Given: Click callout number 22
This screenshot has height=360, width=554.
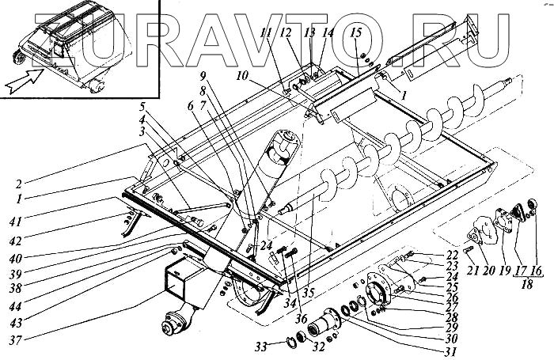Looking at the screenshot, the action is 452,254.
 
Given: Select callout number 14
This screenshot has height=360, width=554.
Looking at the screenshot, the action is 328,32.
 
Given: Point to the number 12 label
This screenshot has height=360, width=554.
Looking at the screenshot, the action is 285,32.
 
